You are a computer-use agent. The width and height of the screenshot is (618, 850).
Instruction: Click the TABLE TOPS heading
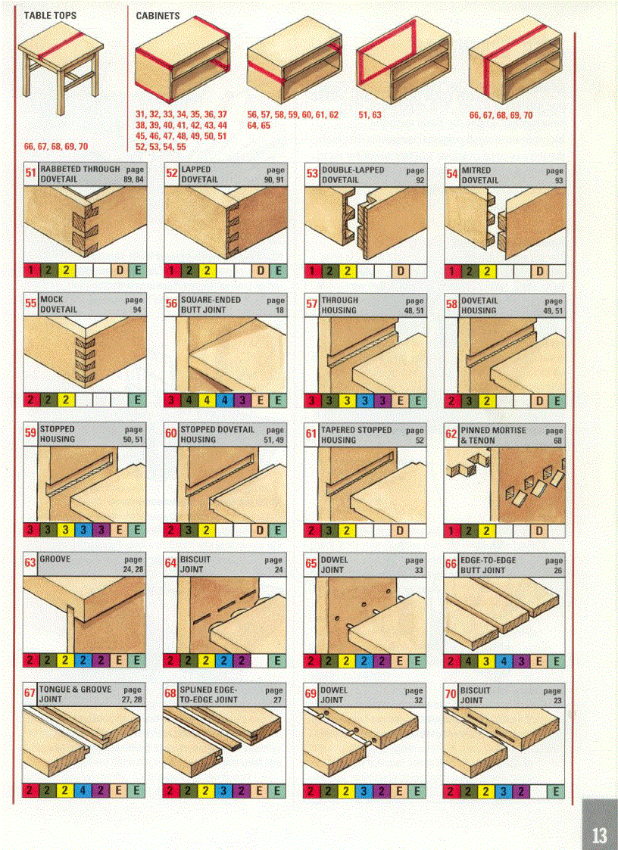pos(50,15)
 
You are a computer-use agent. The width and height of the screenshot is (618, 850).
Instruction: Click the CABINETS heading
pos(158,15)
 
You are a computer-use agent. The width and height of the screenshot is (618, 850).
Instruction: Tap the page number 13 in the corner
pos(598,836)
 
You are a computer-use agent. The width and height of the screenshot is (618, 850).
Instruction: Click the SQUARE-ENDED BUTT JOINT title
pos(211,305)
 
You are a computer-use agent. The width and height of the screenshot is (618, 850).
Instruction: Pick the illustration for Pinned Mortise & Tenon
pos(504,484)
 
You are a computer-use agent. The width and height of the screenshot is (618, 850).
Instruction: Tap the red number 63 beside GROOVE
pos(31,564)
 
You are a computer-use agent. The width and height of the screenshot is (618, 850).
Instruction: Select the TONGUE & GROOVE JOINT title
pos(74,694)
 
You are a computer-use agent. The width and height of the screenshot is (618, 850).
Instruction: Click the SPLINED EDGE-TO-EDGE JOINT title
pos(209,695)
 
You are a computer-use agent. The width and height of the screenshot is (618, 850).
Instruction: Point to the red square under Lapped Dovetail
pos(172,270)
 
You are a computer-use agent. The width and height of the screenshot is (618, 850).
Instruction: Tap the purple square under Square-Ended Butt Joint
pos(242,400)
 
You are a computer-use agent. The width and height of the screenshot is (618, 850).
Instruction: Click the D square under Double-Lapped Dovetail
pos(400,270)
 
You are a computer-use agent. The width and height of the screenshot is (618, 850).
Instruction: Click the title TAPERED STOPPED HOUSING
pos(357,434)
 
